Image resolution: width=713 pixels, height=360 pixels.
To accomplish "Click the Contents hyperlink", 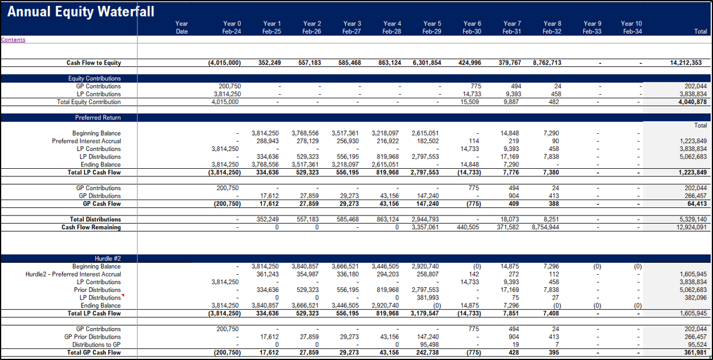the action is (x=13, y=40).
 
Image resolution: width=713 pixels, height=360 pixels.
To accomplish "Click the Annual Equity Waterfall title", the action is (x=81, y=11).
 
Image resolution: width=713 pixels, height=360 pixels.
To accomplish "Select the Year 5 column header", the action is (x=432, y=24).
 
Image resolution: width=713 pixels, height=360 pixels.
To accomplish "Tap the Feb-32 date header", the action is (x=552, y=31).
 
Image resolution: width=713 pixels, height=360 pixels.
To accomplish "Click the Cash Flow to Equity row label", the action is (x=94, y=63).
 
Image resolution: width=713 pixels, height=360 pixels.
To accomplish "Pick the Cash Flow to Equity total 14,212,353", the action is (x=686, y=63).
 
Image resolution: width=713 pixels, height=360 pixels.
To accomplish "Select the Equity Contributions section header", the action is (x=94, y=78).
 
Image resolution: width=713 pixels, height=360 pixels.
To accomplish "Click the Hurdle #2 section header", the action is (x=108, y=259).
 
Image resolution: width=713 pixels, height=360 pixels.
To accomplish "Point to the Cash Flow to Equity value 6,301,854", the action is (x=427, y=63).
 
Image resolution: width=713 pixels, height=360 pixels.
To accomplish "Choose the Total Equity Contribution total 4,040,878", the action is (x=692, y=102).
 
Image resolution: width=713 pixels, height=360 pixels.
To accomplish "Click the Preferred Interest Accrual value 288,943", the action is (x=268, y=141).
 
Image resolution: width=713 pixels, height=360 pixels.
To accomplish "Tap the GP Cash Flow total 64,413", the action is (x=697, y=204).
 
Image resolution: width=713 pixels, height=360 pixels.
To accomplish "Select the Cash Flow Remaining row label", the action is (x=91, y=227).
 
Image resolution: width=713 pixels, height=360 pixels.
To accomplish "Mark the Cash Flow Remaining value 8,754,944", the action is (x=545, y=227).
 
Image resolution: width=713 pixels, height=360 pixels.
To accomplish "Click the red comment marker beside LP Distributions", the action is (x=123, y=295).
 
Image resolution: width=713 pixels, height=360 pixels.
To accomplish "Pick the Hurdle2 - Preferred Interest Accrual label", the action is (x=73, y=274).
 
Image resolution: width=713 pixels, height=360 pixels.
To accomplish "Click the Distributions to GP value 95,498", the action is (x=428, y=345).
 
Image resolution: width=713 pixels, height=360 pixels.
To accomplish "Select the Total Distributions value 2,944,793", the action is (x=425, y=219).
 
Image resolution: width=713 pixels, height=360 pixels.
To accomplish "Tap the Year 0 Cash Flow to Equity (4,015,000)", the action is (x=224, y=63).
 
